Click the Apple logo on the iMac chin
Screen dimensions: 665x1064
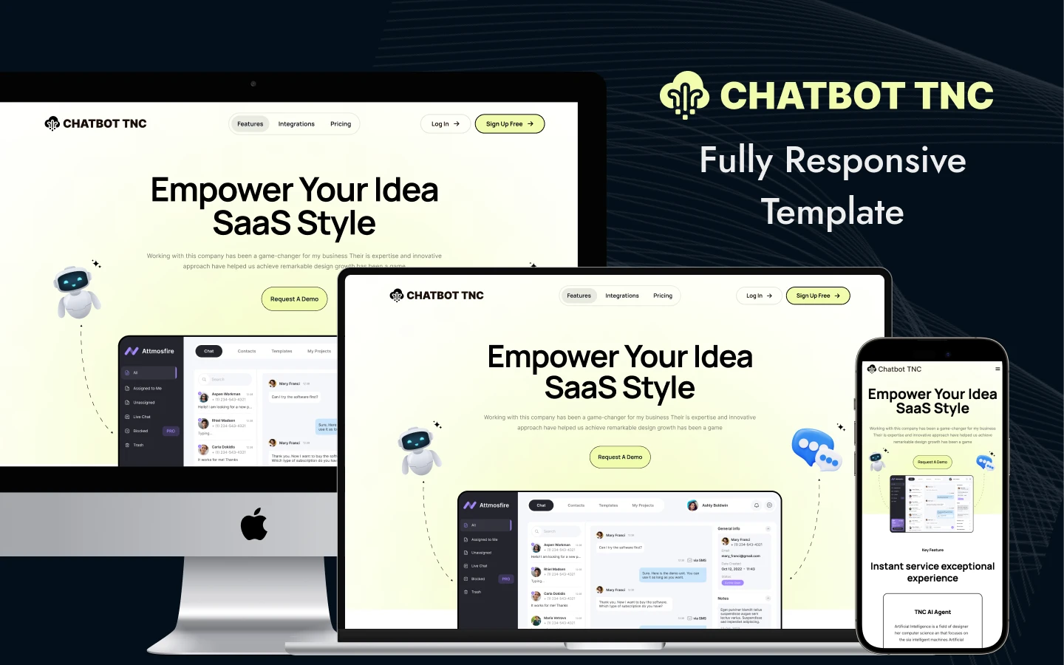[254, 524]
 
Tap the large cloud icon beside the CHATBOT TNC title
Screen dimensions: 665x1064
[685, 95]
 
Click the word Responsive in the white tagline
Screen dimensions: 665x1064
[875, 160]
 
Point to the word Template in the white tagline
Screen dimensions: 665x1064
[833, 212]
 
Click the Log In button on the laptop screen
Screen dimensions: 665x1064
[759, 296]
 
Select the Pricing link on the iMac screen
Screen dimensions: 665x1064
[341, 124]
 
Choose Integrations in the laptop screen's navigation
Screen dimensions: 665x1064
[622, 296]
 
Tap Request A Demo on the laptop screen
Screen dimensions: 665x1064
[620, 457]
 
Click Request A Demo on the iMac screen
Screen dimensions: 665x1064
[294, 299]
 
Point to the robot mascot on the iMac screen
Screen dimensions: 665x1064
[76, 292]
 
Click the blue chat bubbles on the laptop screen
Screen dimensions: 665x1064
[815, 449]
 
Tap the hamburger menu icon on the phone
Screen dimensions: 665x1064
[997, 369]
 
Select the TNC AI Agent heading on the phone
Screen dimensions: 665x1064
[932, 612]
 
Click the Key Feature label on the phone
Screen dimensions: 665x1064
[932, 550]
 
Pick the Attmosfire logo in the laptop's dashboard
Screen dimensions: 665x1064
[486, 505]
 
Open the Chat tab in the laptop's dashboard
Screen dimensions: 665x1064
[541, 505]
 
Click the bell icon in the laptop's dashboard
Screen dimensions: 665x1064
[757, 505]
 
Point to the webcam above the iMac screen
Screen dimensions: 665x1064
[253, 83]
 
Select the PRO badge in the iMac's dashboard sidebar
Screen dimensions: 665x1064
[171, 431]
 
